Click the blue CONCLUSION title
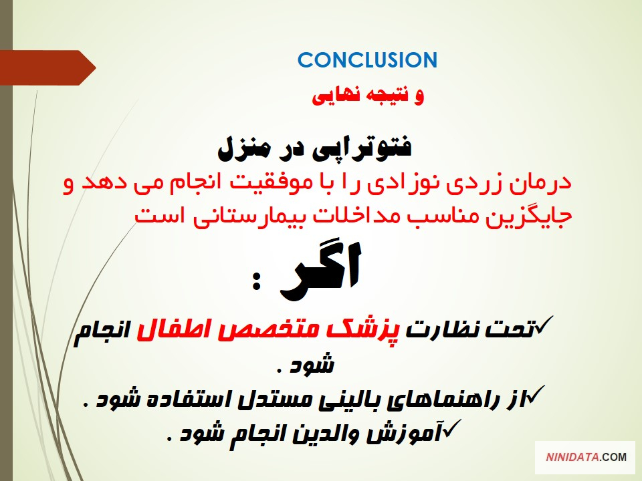(367, 60)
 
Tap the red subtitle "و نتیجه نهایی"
(368, 96)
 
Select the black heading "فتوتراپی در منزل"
(314, 149)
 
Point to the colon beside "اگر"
(256, 281)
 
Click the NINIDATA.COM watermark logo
(586, 457)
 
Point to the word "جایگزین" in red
(528, 216)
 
